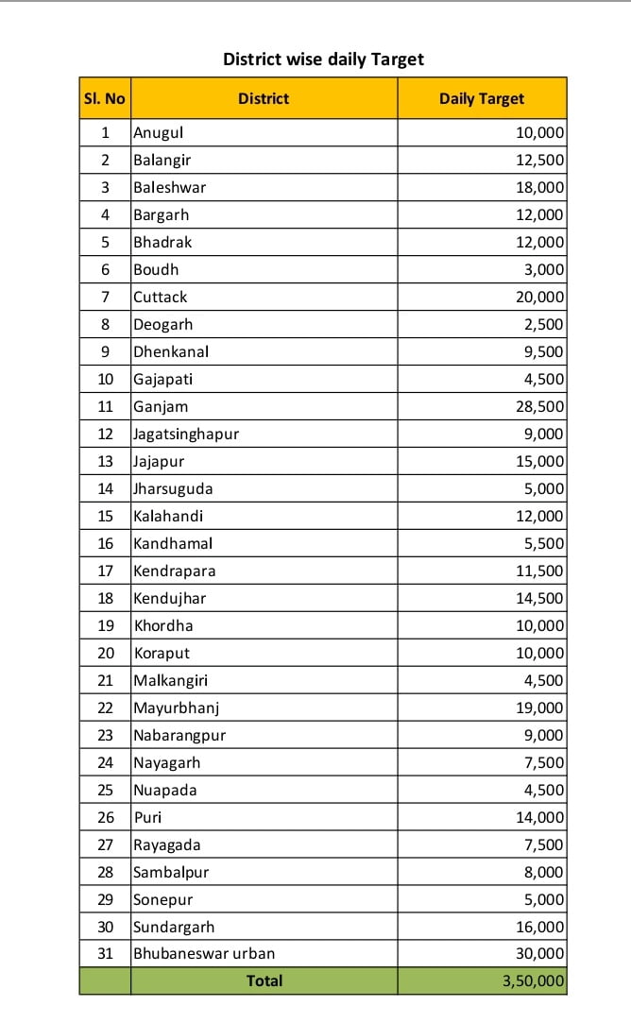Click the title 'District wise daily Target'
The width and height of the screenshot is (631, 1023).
click(323, 60)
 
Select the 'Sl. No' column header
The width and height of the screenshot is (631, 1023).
click(104, 98)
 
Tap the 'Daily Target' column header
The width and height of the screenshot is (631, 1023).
click(482, 98)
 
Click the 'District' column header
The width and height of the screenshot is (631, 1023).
click(264, 98)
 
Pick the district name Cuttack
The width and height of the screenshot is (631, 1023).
click(161, 297)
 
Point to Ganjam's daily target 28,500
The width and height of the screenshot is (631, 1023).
click(539, 406)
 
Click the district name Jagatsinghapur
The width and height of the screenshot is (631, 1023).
click(186, 434)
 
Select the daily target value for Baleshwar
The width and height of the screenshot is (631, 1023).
click(539, 187)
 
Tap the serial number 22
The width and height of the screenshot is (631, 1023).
click(105, 708)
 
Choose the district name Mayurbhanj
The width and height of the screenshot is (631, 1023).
click(177, 708)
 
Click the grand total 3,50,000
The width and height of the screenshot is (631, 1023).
click(534, 981)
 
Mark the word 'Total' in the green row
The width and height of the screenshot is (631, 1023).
click(264, 981)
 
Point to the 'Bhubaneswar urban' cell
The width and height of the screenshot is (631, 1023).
click(204, 953)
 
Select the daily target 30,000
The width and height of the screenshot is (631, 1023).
click(539, 953)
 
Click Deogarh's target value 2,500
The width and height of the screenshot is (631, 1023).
click(543, 324)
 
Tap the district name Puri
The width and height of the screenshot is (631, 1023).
click(147, 817)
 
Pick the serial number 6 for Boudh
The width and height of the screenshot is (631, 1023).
click(105, 269)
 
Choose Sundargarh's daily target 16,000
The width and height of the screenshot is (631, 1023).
click(539, 927)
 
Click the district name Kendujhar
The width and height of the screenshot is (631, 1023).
click(169, 598)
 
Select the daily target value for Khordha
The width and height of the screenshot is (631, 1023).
click(539, 625)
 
